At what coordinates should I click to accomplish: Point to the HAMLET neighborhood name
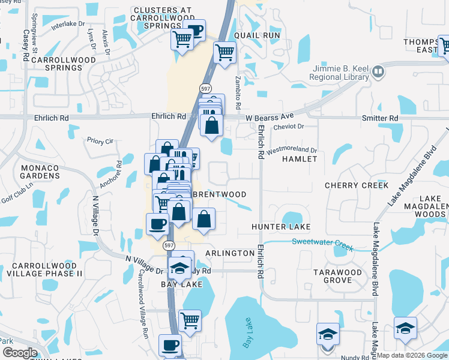[x=299, y=159]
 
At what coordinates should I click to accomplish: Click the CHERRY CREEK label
[x=357, y=186]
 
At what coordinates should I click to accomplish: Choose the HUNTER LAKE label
[x=281, y=227]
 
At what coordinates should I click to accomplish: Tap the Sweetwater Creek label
[x=323, y=243]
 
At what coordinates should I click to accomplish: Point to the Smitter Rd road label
[x=380, y=119]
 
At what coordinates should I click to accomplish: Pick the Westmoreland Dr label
[x=292, y=149]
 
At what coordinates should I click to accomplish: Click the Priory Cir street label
[x=100, y=141]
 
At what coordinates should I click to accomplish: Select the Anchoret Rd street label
[x=112, y=175]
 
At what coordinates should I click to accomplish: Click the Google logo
[x=20, y=353]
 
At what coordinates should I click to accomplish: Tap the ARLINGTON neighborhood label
[x=230, y=254]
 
